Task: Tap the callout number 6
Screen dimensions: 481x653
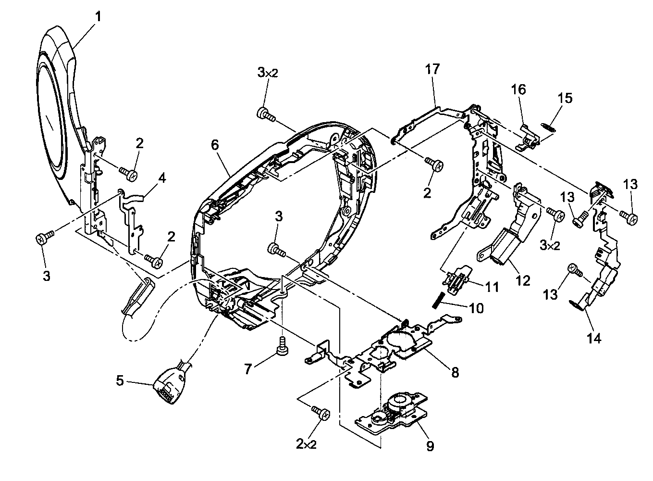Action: coord(214,144)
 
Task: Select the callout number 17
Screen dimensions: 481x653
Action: coord(432,69)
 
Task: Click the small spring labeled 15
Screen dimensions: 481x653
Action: coord(547,127)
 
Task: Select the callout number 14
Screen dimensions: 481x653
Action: coord(594,338)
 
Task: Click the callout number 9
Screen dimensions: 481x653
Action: coord(430,446)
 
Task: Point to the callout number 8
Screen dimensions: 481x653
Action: coord(455,371)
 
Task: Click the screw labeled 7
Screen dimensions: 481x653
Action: coord(283,344)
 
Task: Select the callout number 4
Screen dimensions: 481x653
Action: coord(162,178)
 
